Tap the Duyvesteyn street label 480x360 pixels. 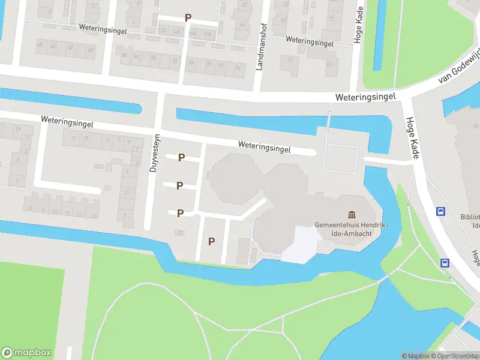(x=154, y=152)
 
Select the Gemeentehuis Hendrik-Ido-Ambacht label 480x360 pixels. (x=352, y=229)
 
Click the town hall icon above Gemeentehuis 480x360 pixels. (x=352, y=214)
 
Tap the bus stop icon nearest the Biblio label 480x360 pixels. (x=440, y=211)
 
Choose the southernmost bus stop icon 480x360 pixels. (x=445, y=263)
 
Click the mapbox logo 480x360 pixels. (x=26, y=353)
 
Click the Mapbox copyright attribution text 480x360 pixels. (x=416, y=356)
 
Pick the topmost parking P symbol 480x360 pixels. (x=188, y=18)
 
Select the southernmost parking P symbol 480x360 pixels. (x=211, y=241)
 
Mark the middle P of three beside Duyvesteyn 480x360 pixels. (x=180, y=185)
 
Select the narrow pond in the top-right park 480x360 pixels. (x=380, y=27)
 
